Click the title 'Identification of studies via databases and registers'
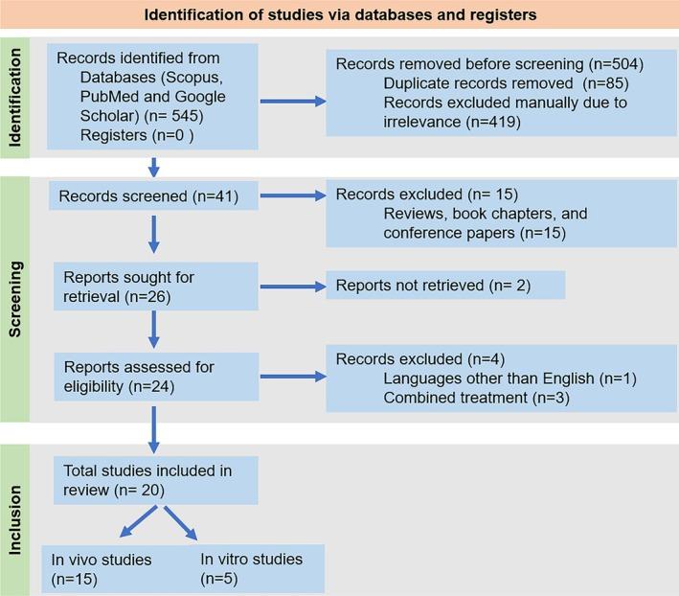(339, 14)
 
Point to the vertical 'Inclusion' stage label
(14, 518)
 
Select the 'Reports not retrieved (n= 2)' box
(445, 286)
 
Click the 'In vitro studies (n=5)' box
(258, 569)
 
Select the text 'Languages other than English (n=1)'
(487, 378)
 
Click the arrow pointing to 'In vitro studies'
(180, 524)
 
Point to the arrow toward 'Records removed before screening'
(284, 96)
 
